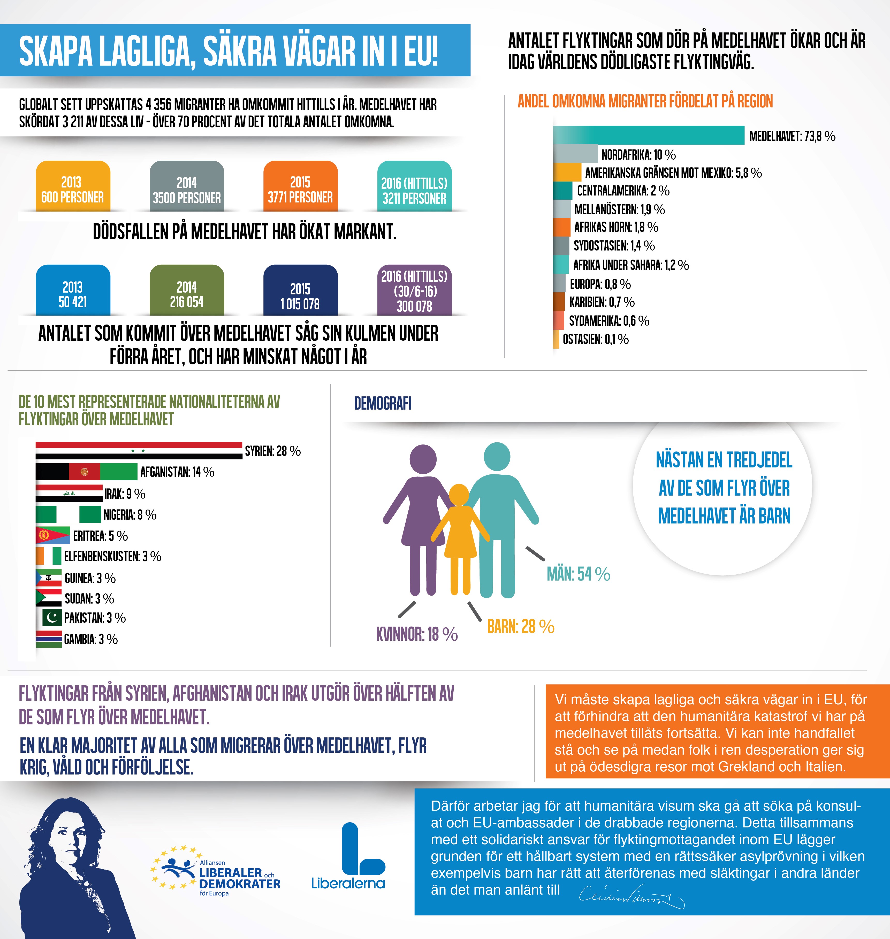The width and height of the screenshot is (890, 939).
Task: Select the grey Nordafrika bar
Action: pos(575,154)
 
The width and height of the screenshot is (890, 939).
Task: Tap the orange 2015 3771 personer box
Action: pos(300,186)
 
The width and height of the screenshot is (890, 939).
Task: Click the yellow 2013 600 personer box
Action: pos(73,186)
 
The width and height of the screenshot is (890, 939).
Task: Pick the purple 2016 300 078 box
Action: pos(414,290)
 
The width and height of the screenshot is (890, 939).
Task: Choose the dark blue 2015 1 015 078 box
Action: pos(300,290)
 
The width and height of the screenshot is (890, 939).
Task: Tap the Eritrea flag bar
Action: pos(53,535)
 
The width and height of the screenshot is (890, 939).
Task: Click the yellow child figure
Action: pos(459,536)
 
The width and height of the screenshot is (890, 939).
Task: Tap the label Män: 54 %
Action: pos(578,574)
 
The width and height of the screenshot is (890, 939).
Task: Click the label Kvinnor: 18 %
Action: pos(416,634)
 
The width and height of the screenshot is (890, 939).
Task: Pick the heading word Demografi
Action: pos(383,403)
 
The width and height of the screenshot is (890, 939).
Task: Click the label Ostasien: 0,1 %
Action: pos(595,339)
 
